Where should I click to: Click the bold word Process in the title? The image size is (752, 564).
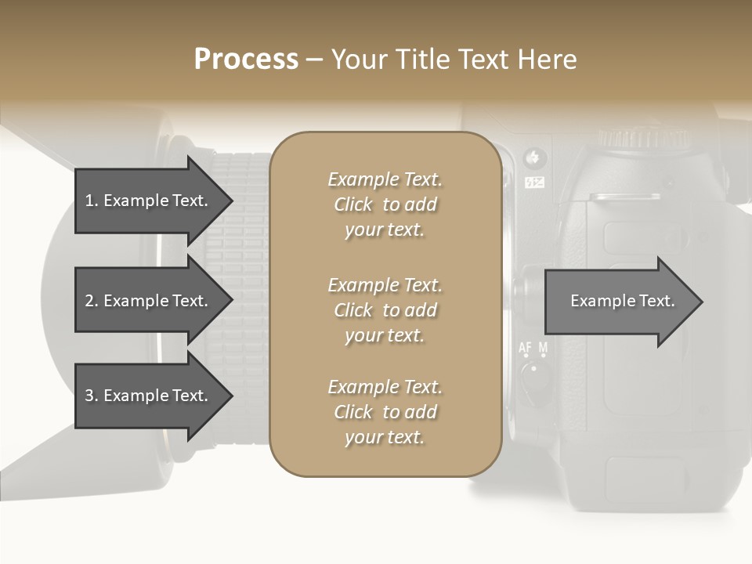246,60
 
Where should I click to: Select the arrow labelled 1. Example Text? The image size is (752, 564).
149,201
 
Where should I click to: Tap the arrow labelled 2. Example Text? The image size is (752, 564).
149,301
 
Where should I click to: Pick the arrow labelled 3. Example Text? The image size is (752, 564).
149,396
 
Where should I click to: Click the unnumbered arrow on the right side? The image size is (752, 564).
619,301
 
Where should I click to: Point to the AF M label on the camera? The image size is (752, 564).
533,347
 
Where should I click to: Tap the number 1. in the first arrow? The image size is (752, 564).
92,201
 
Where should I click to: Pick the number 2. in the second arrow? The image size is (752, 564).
92,301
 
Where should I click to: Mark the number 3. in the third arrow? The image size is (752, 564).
92,396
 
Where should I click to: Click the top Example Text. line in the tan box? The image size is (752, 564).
385,179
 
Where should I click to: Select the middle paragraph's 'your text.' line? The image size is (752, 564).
385,335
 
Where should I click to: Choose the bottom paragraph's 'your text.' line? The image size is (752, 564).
385,437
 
